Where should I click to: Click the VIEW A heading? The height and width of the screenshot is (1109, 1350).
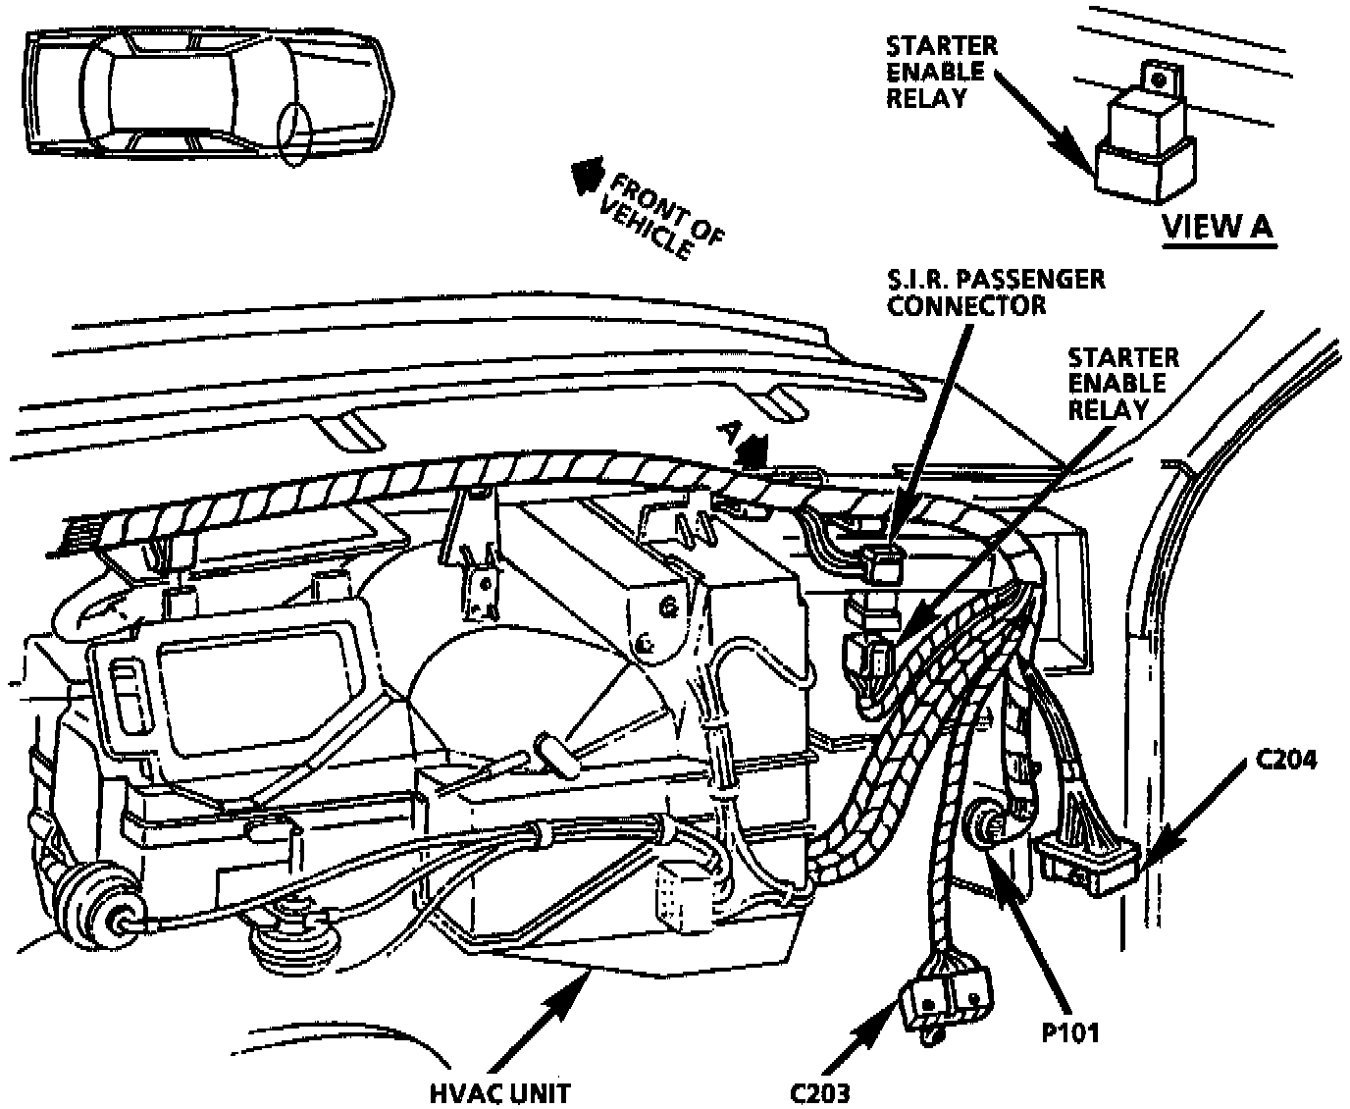(x=1217, y=227)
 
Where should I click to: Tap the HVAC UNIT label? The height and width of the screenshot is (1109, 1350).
(x=499, y=1091)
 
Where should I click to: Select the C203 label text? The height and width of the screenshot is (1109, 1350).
(x=820, y=1091)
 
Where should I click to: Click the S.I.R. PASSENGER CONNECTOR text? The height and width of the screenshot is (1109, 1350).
(x=995, y=291)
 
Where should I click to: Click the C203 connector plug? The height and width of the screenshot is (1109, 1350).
(x=948, y=996)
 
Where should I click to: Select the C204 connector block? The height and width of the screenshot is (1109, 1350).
(x=1087, y=863)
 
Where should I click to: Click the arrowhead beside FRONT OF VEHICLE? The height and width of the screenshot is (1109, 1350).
(x=587, y=175)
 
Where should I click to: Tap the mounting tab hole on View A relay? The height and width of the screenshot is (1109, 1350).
(x=1161, y=78)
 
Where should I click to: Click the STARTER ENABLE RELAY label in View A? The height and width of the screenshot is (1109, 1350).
(x=941, y=72)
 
